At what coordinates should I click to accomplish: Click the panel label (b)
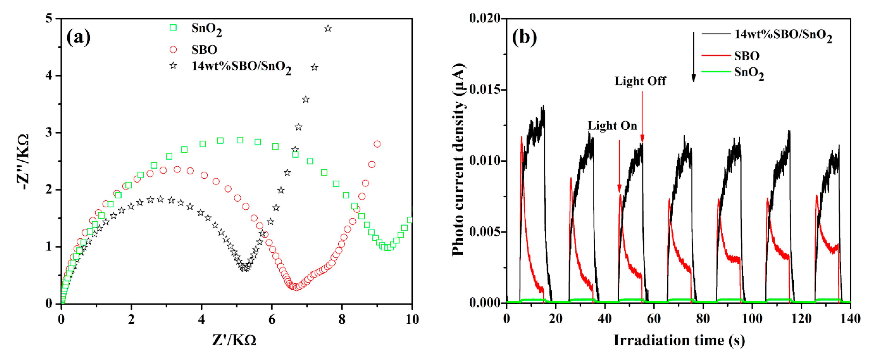pyautogui.click(x=524, y=37)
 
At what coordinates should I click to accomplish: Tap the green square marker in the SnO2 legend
pyautogui.click(x=173, y=28)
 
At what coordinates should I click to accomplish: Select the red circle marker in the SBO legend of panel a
pyautogui.click(x=173, y=50)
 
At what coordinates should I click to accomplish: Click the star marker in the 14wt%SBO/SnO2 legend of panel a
pyautogui.click(x=173, y=65)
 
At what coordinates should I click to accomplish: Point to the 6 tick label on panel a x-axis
pyautogui.click(x=272, y=319)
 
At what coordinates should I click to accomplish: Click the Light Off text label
pyautogui.click(x=640, y=81)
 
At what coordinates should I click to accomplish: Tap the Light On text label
pyautogui.click(x=612, y=126)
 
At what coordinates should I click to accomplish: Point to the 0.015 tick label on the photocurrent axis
pyautogui.click(x=485, y=90)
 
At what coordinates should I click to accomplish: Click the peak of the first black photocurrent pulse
pyautogui.click(x=543, y=107)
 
